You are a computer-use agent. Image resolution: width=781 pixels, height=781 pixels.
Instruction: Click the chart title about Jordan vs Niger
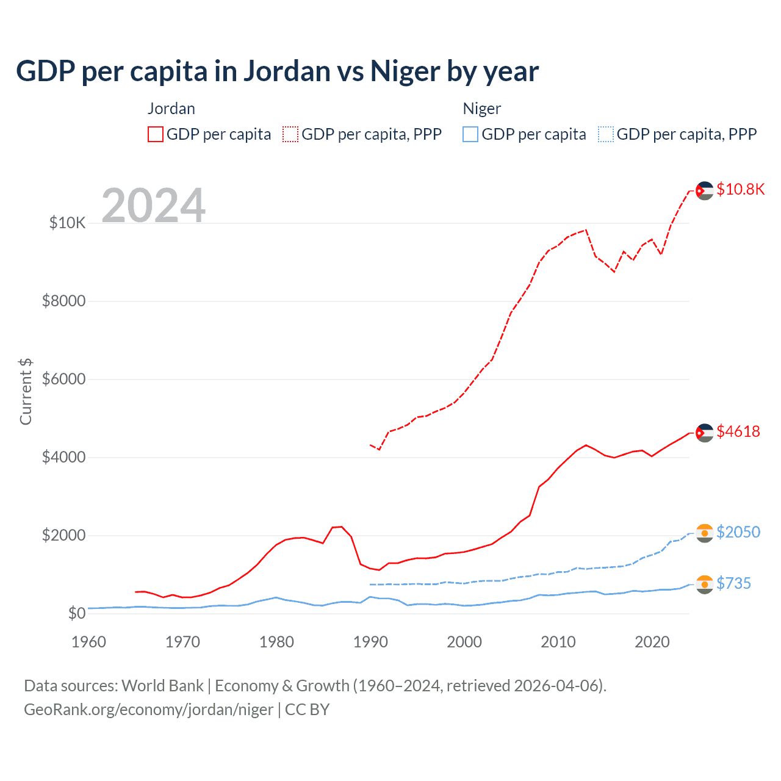(277, 71)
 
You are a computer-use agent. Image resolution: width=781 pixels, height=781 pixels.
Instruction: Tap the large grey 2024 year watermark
(153, 206)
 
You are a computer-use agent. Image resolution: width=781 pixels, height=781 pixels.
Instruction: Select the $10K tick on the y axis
(67, 223)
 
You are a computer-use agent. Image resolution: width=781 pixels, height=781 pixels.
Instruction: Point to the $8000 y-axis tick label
(63, 301)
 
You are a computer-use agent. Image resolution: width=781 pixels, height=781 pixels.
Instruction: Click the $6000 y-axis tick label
(63, 380)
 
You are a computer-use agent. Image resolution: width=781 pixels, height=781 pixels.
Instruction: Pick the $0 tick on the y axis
(76, 613)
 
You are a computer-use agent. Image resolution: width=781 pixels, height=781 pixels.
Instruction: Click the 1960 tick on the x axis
(89, 642)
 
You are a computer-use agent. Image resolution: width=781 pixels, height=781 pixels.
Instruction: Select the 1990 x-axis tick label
(370, 642)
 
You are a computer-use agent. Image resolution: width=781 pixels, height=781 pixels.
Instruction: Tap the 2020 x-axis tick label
(652, 642)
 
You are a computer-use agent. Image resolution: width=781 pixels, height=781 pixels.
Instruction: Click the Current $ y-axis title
(26, 392)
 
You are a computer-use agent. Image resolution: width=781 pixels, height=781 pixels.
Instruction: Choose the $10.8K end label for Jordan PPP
(740, 190)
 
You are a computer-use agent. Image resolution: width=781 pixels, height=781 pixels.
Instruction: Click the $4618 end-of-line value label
(738, 432)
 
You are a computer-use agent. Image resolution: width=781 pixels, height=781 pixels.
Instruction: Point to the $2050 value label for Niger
(738, 532)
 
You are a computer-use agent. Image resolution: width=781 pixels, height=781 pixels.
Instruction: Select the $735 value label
(733, 583)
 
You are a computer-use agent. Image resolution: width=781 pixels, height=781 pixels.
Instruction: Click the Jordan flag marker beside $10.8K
(705, 190)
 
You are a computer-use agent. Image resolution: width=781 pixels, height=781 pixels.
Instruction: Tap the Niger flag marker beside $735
(705, 584)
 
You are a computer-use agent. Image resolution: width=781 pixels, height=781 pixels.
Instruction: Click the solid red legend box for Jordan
(156, 134)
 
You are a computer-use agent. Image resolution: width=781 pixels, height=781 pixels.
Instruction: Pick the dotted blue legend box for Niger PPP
(606, 134)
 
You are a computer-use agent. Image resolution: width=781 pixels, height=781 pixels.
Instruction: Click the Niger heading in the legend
(481, 109)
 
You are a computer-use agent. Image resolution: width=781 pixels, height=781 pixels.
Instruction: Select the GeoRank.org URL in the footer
(148, 710)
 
